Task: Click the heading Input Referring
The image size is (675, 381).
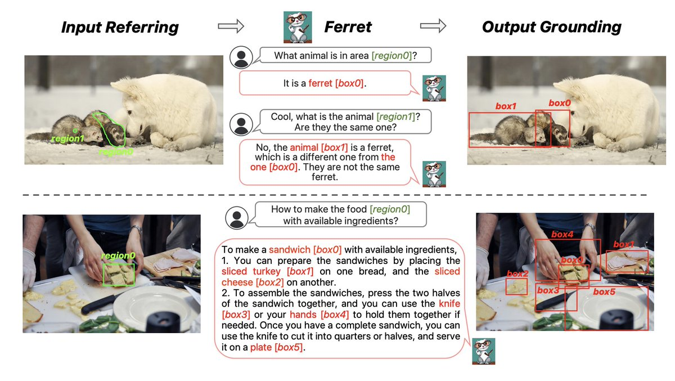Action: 120,28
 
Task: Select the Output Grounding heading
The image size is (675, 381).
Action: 551,27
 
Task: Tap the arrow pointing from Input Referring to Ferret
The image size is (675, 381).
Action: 231,26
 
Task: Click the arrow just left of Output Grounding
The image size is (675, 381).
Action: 433,26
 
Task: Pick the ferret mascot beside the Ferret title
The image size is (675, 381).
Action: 298,27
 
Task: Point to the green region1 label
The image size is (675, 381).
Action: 67,138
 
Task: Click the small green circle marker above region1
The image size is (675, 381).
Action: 75,131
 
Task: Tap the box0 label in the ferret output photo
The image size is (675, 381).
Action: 560,103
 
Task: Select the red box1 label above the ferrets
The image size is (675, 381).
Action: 506,106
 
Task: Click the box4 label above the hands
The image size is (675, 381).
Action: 562,234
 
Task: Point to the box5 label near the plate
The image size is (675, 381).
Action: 604,292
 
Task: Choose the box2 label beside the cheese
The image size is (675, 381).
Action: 517,274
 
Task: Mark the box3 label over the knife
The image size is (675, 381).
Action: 548,290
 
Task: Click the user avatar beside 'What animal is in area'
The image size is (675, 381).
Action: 241,57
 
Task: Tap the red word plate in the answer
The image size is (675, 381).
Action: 261,347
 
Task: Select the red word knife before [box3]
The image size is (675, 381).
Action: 449,303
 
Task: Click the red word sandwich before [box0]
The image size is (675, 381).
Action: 290,249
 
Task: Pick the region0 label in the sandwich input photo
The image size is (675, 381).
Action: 118,256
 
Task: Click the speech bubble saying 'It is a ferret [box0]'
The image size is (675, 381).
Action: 326,83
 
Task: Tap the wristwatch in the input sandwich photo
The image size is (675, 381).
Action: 137,229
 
